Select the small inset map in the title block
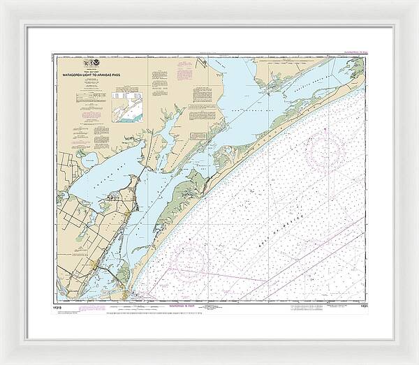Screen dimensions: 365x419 point(128,108)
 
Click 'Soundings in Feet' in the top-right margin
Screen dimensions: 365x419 point(349,52)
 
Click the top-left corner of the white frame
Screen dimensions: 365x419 point(3,3)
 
